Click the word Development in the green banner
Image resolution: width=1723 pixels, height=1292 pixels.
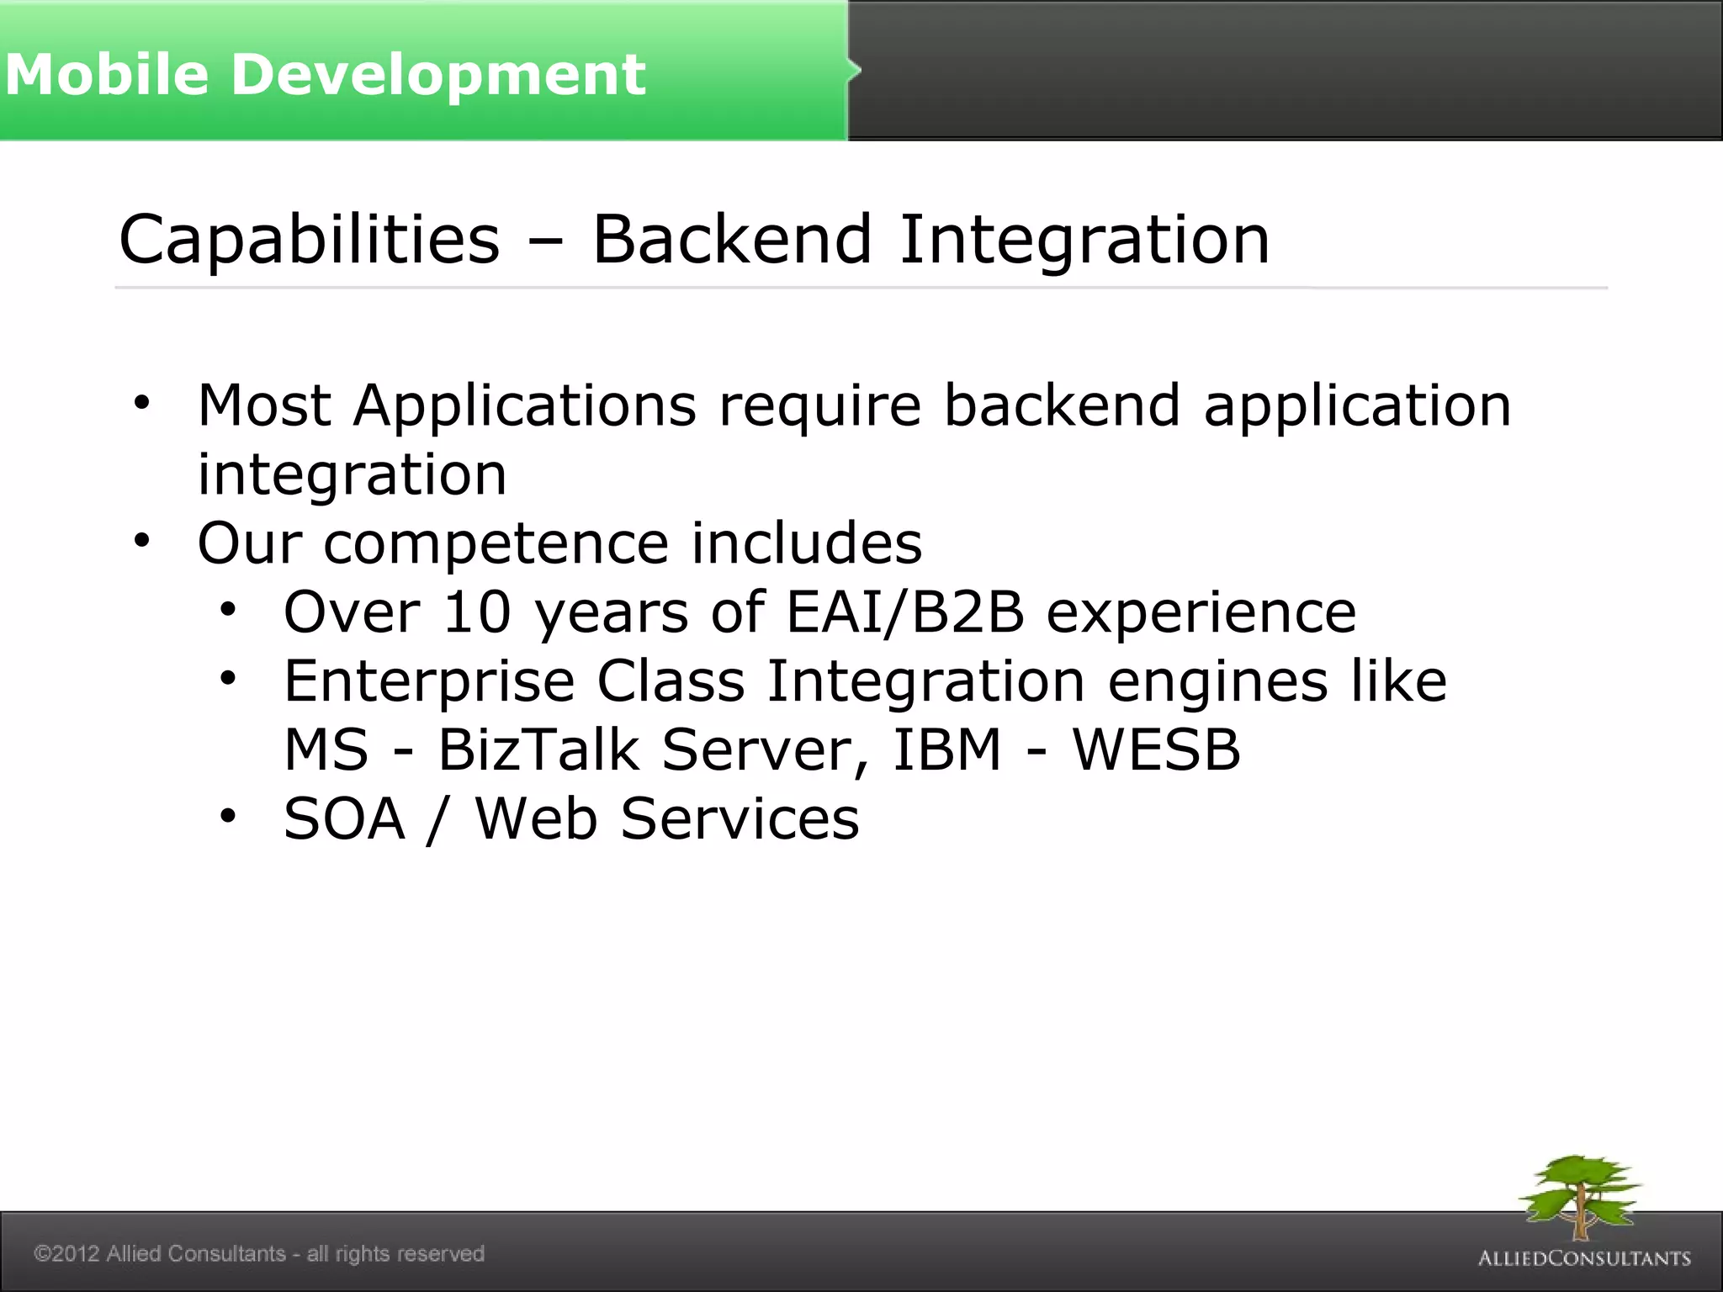coord(437,74)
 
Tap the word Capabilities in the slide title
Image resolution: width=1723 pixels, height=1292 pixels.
coord(309,240)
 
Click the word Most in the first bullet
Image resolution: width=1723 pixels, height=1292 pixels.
coord(264,405)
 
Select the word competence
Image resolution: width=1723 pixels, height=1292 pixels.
coord(496,543)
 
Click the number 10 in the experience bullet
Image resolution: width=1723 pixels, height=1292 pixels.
coord(477,612)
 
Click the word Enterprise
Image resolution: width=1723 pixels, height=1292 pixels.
coord(429,681)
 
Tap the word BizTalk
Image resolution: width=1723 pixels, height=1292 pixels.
coord(538,749)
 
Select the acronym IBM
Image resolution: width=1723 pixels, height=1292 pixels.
coord(946,749)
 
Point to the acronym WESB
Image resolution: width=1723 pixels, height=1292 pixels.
coord(1156,749)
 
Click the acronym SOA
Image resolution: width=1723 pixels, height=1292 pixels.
coord(344,818)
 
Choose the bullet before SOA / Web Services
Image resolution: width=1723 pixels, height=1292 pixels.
coord(228,815)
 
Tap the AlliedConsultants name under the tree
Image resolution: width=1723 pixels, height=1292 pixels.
coord(1584,1258)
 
